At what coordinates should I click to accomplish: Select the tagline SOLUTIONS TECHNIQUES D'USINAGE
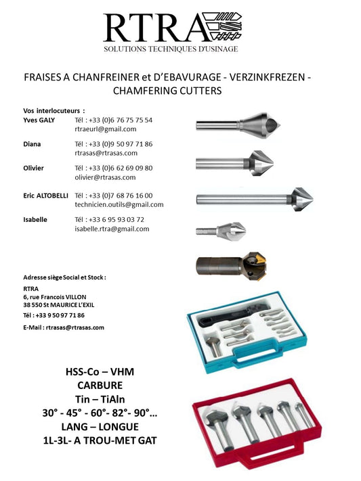click(x=170, y=49)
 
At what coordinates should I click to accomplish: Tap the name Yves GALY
click(x=39, y=120)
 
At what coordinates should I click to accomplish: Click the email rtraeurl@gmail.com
click(x=106, y=129)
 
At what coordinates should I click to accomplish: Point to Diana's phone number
click(x=113, y=144)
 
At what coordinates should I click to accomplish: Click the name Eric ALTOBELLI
click(x=45, y=196)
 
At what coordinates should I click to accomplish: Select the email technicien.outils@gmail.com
click(x=119, y=204)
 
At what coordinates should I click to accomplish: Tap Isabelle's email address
click(x=112, y=229)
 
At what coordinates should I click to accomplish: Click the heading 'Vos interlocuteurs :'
click(x=54, y=110)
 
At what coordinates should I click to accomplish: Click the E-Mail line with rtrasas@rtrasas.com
click(x=64, y=327)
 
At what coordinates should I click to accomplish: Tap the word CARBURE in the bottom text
click(x=100, y=385)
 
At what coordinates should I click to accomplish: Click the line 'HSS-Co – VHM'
click(x=100, y=371)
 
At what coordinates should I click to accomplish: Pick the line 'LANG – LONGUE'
click(x=100, y=427)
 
